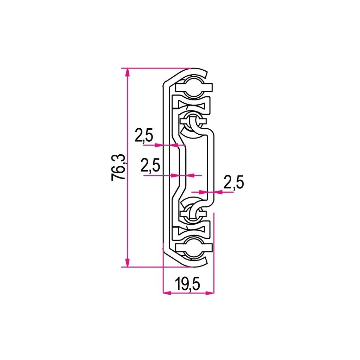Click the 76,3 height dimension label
point(118,167)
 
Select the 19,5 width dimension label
point(187,284)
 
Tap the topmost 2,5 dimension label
point(144,135)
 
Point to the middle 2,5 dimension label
point(150,165)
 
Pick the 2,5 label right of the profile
point(233,182)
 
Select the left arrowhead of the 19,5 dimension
point(167,293)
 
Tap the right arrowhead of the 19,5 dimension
point(210,293)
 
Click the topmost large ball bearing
point(194,88)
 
